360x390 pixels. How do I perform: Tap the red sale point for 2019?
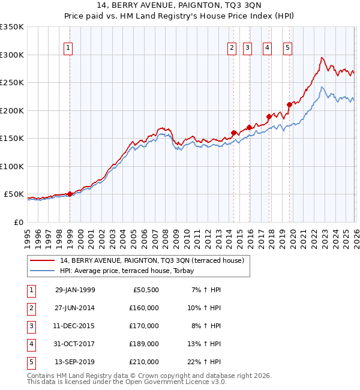pyautogui.click(x=289, y=104)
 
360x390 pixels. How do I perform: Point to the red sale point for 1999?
pyautogui.click(x=70, y=194)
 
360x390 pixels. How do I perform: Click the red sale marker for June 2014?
pyautogui.click(x=233, y=133)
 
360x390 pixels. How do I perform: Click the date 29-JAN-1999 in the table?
pyautogui.click(x=75, y=290)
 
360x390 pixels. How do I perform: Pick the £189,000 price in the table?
pyautogui.click(x=144, y=344)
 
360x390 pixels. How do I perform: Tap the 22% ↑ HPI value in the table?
pyautogui.click(x=205, y=362)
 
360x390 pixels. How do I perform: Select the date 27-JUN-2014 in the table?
pyautogui.click(x=75, y=308)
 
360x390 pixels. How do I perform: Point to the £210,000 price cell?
pyautogui.click(x=144, y=362)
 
